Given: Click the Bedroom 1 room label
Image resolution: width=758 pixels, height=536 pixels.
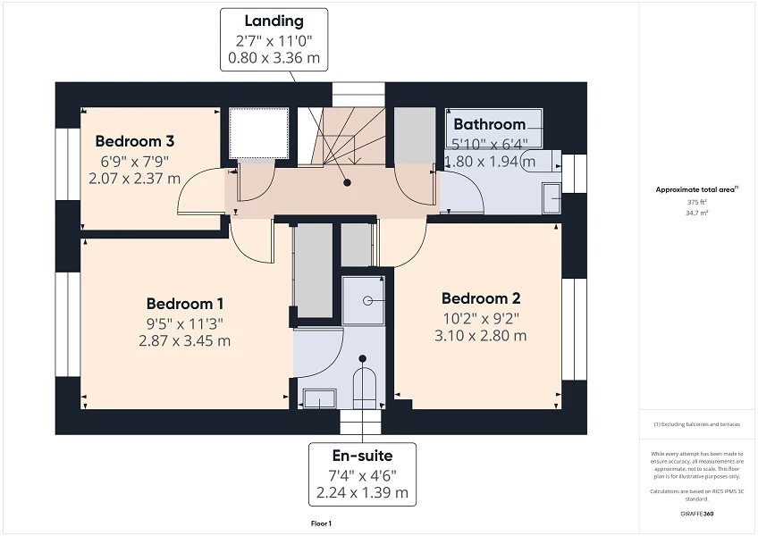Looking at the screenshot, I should tap(185, 303).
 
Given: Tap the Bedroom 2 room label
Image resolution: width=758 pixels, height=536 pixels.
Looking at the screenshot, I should tap(480, 298).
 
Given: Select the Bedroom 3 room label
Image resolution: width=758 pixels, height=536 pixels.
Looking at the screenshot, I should tap(134, 141).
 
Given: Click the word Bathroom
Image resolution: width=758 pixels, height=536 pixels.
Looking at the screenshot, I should tap(489, 124).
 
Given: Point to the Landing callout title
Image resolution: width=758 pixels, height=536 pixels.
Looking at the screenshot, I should tap(274, 21).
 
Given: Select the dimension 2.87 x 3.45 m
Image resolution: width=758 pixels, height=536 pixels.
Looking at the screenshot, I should tap(185, 341).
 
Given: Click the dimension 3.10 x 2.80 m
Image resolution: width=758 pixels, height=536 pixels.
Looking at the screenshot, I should tap(480, 336).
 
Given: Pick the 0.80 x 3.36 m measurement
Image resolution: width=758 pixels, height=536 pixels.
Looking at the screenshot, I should tap(274, 59).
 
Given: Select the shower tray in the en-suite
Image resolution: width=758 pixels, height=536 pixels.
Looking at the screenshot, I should tap(364, 300).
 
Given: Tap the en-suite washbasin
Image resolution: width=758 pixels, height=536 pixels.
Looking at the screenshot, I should tap(317, 398).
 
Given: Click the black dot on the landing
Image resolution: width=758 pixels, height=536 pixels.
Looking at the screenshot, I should tap(348, 182).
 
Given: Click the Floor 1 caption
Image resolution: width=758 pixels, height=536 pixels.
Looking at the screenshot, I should tap(320, 523).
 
